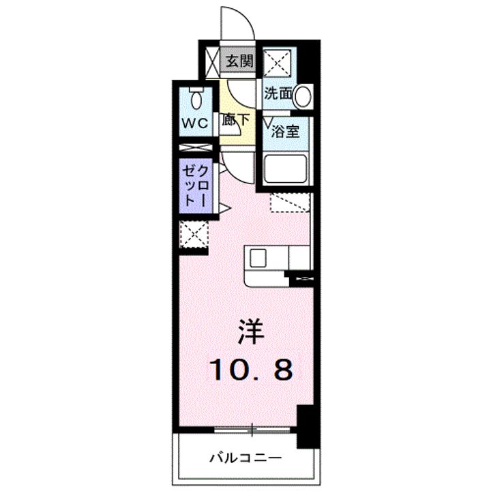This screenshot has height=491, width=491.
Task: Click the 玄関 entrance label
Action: coord(239,61)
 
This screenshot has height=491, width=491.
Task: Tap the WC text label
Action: coord(194,125)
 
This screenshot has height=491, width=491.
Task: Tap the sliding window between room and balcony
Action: coord(252,429)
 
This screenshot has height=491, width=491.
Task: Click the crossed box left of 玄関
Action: coord(211,61)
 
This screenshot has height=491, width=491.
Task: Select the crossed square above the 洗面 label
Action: coord(279,63)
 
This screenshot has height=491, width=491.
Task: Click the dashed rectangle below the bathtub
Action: coord(290,203)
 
